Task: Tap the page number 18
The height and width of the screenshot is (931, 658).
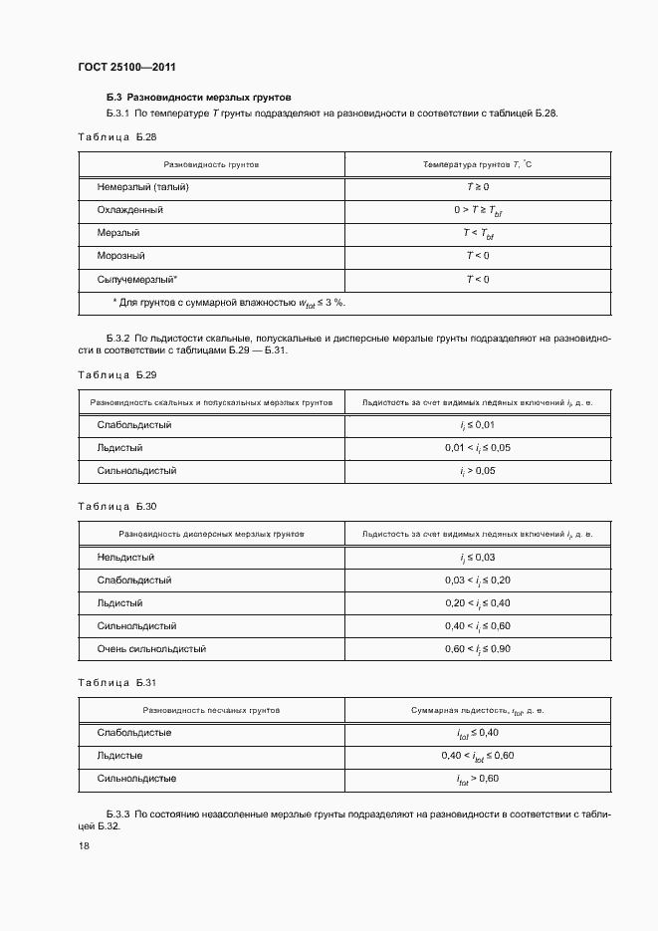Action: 83,845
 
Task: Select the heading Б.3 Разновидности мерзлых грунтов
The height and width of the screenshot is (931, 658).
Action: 198,99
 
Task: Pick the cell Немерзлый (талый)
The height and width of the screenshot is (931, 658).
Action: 143,187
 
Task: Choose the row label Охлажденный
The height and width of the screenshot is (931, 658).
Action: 130,210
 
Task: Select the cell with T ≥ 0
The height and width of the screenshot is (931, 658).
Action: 478,187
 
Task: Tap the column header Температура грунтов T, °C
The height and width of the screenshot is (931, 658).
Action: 478,163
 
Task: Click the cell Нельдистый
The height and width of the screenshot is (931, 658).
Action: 125,558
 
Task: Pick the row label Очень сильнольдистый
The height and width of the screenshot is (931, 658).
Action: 151,649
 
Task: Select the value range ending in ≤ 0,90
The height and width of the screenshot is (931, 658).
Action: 478,649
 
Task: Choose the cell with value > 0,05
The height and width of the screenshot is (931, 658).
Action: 478,470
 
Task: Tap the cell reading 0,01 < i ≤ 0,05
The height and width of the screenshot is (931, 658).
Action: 478,448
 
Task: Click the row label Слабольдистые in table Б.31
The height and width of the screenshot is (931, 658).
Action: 134,733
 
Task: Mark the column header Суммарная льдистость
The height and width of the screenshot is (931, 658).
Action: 478,710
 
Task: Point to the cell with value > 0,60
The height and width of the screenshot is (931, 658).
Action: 478,779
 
